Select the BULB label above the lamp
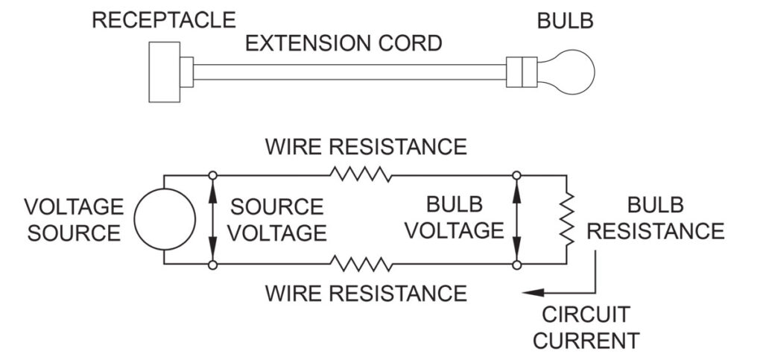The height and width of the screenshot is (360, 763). coord(566,20)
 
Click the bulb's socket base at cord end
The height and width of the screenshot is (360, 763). coord(522,72)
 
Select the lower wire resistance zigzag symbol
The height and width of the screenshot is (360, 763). coord(361,265)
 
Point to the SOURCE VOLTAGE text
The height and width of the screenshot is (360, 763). coord(276,220)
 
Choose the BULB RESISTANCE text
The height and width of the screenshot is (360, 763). coord(655,220)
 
